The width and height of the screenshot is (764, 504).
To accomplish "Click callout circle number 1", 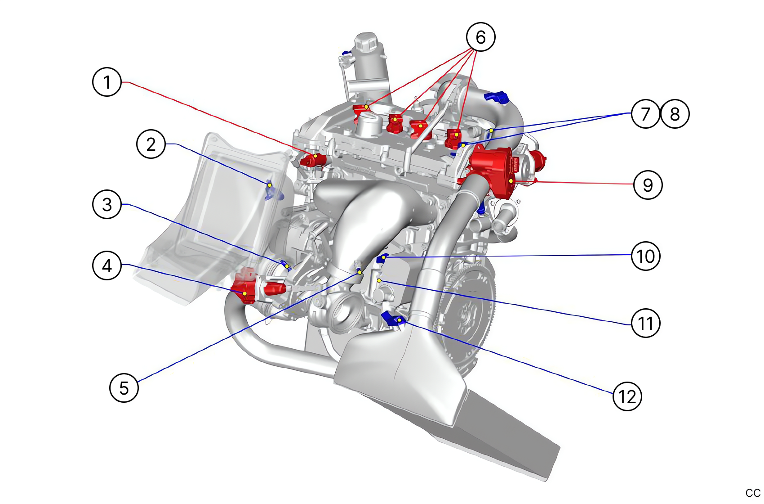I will coord(107,82).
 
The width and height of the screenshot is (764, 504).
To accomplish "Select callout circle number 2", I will coord(151,144).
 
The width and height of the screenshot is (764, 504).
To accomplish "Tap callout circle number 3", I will coord(107,204).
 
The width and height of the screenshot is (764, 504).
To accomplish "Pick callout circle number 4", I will coord(107,265).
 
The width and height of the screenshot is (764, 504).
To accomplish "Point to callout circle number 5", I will coord(124,387).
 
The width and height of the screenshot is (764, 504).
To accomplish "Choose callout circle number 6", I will coord(480,37).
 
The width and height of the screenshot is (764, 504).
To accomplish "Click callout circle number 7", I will coord(645,114).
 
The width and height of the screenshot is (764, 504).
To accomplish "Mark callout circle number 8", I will coord(675,114).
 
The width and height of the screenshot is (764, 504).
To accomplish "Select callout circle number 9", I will coord(648,184).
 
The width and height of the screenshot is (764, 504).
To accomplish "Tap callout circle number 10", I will coord(646,256).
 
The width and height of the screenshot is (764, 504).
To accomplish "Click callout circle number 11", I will coord(646,323).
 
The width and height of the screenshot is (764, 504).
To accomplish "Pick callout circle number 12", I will coord(627,396).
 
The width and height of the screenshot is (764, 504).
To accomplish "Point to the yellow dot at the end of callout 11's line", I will coord(379,280).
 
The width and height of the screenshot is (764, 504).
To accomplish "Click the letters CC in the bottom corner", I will coord(753,493).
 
